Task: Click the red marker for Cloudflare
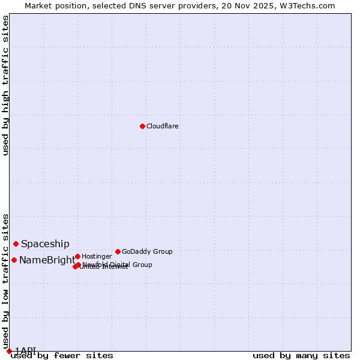pyautogui.click(x=142, y=126)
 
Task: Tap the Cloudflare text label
pyautogui.click(x=163, y=127)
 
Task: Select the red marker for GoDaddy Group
pyautogui.click(x=118, y=251)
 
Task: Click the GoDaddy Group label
pyautogui.click(x=147, y=252)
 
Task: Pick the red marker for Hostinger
pyautogui.click(x=77, y=256)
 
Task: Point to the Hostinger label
pyautogui.click(x=97, y=257)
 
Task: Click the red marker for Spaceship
pyautogui.click(x=16, y=244)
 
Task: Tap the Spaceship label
pyautogui.click(x=46, y=244)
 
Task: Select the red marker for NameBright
pyautogui.click(x=14, y=260)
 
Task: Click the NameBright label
pyautogui.click(x=47, y=260)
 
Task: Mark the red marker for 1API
pyautogui.click(x=9, y=351)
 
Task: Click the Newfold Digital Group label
pyautogui.click(x=118, y=265)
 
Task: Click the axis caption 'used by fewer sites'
pyautogui.click(x=62, y=355)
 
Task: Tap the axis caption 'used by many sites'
pyautogui.click(x=301, y=355)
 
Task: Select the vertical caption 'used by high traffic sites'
pyautogui.click(x=6, y=85)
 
